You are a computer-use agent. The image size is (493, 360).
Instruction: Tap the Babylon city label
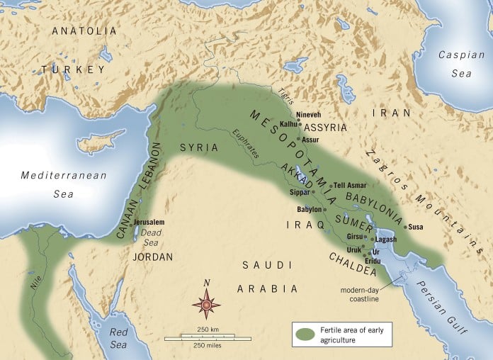pyautogui.click(x=308, y=209)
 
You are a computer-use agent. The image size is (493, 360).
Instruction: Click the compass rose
pyautogui.click(x=206, y=304)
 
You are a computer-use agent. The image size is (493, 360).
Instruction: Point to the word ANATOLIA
pyautogui.click(x=84, y=31)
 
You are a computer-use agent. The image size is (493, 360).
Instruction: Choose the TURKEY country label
pyautogui.click(x=73, y=69)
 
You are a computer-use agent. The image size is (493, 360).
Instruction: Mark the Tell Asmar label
pyautogui.click(x=350, y=186)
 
